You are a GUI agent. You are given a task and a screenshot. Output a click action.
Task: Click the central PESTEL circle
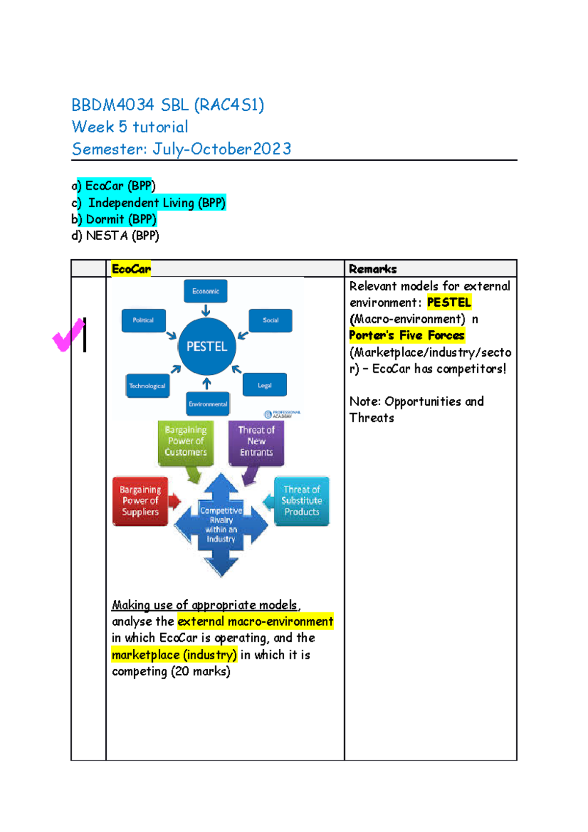click(207, 346)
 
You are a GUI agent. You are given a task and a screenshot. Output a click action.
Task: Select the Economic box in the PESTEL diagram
click(205, 291)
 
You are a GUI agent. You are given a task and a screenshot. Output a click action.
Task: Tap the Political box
click(143, 320)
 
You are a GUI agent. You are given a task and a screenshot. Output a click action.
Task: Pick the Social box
click(270, 320)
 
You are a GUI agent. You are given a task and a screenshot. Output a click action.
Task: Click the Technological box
click(147, 386)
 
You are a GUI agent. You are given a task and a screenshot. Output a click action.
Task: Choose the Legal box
click(265, 385)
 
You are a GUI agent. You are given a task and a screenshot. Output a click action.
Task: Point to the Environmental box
click(208, 404)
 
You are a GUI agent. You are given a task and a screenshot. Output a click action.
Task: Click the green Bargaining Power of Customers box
click(186, 441)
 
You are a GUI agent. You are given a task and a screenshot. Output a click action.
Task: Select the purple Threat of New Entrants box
click(256, 441)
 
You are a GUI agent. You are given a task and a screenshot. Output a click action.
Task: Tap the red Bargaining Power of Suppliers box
click(140, 501)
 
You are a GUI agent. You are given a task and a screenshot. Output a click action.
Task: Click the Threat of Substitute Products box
click(302, 501)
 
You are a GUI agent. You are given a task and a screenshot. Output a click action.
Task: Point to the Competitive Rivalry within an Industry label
click(221, 525)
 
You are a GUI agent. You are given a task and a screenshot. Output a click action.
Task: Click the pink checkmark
click(68, 335)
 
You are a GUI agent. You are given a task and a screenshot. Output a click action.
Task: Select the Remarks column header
click(373, 269)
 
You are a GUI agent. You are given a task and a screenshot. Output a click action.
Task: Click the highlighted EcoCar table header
click(131, 269)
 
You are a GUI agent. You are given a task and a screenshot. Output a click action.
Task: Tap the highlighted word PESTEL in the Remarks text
click(449, 302)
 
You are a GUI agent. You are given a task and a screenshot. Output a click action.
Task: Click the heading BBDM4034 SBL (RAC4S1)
click(168, 105)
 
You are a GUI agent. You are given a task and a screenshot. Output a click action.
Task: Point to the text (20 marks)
click(200, 671)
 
